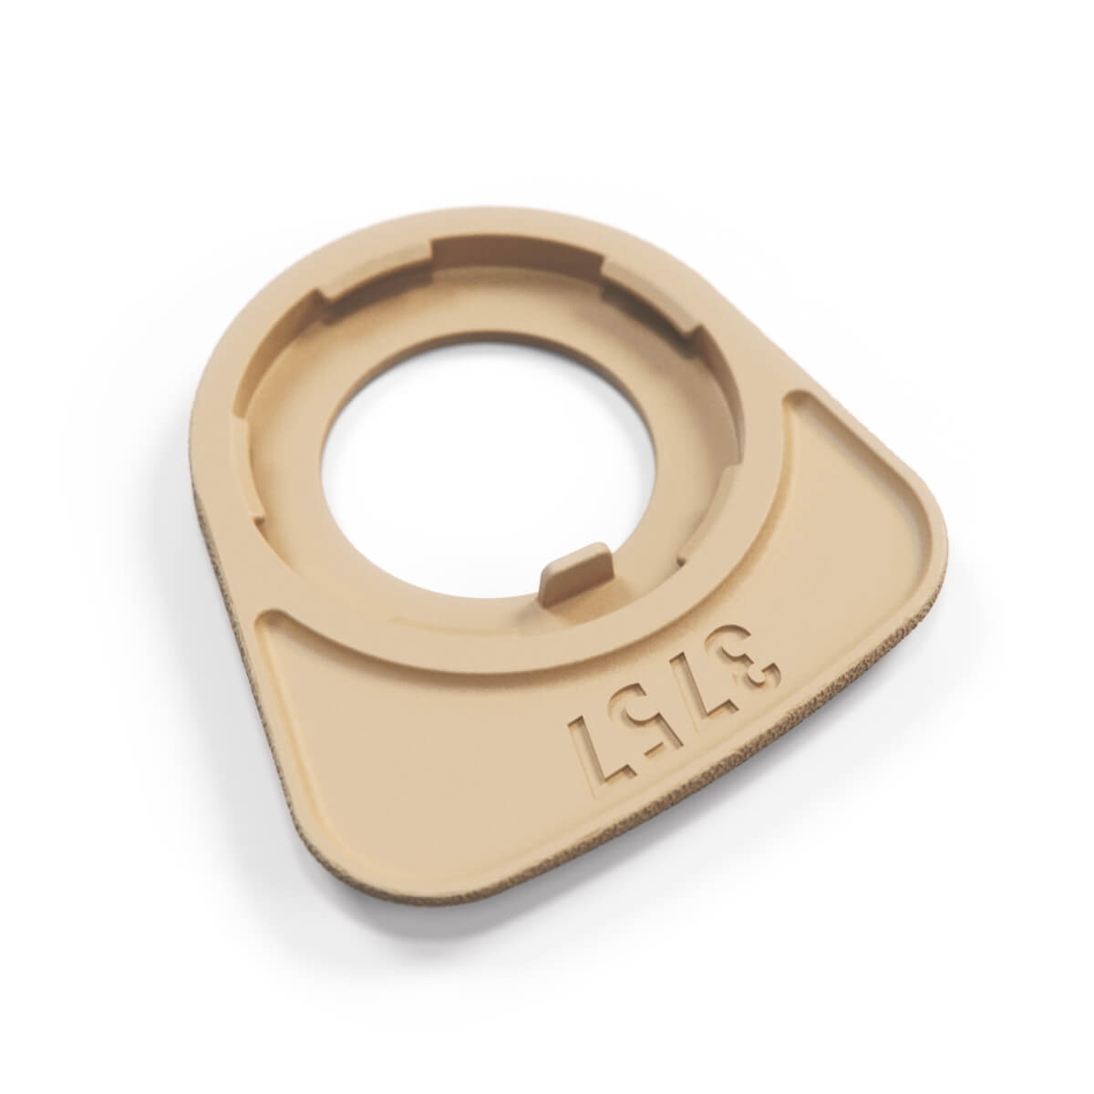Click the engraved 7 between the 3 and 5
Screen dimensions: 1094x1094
coord(696,684)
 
